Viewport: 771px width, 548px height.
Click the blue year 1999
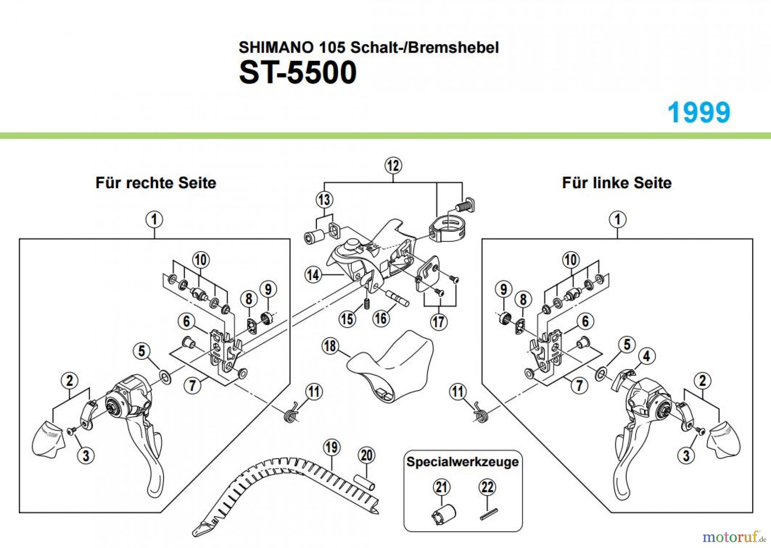(x=699, y=113)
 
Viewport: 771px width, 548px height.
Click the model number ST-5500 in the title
(x=298, y=72)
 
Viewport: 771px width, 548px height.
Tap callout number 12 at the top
(x=393, y=166)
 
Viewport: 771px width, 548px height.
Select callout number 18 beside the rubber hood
(x=330, y=346)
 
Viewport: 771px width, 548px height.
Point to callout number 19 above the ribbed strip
(x=331, y=447)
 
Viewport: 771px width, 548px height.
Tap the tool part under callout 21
(x=444, y=513)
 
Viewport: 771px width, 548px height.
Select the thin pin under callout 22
(x=489, y=514)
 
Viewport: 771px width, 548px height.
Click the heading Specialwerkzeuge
(x=462, y=462)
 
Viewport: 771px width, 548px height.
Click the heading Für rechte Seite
(x=155, y=183)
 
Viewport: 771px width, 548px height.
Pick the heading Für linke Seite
(x=616, y=183)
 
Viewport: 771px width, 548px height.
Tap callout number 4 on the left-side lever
(x=646, y=356)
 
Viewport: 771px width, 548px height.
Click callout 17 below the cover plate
(x=439, y=322)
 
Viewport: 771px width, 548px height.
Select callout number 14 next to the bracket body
(x=313, y=275)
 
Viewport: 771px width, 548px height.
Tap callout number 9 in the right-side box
(x=268, y=289)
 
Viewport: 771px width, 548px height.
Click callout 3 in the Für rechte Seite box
(x=86, y=455)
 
